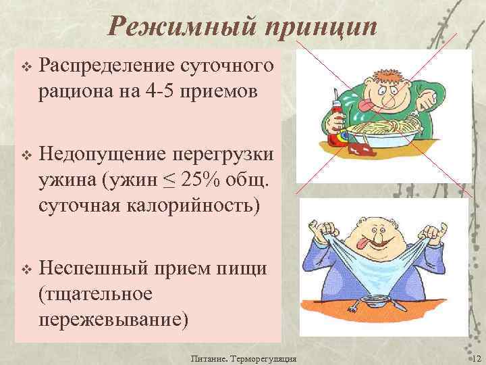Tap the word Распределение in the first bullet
109,66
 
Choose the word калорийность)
186,203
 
